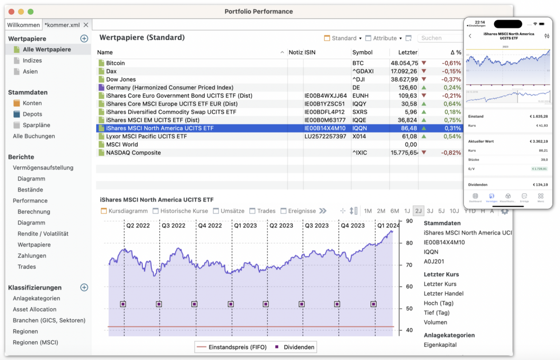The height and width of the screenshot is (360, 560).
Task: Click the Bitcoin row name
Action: click(115, 63)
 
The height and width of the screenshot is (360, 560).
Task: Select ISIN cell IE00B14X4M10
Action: click(325, 128)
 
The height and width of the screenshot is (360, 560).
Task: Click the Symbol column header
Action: click(362, 52)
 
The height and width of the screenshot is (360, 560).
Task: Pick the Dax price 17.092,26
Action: click(404, 71)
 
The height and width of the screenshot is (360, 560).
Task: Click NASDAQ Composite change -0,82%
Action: click(450, 153)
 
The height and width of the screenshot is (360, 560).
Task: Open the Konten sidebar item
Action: click(32, 103)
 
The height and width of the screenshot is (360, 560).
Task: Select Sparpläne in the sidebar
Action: click(36, 125)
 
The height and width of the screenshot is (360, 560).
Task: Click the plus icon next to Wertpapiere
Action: click(84, 39)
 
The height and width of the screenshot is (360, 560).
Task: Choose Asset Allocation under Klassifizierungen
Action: click(35, 309)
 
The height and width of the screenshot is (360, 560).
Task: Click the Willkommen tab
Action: click(23, 25)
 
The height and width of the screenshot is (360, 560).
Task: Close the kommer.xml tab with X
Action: click(86, 25)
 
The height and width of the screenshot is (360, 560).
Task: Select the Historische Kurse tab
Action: click(184, 211)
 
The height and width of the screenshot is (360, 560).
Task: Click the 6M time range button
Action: click(394, 211)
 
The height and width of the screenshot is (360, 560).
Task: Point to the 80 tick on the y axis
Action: click(409, 243)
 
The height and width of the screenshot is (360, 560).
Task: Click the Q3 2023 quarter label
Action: click(316, 226)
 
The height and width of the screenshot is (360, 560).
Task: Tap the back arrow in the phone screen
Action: click(470, 36)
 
